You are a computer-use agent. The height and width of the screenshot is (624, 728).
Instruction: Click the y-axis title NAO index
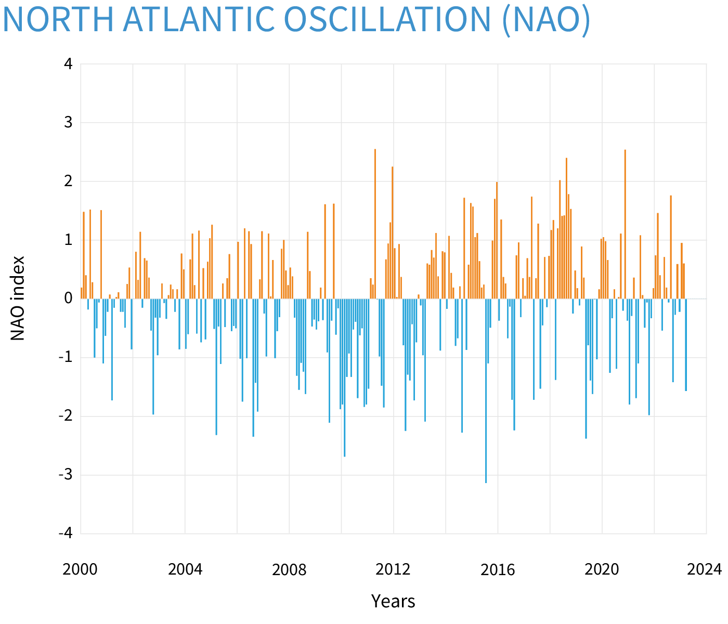point(18,298)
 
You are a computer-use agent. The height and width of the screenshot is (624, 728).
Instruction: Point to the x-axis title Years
point(393,602)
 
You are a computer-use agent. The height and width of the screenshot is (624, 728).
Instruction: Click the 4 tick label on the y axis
point(68,64)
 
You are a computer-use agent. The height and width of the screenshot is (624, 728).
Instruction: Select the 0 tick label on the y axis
point(68,299)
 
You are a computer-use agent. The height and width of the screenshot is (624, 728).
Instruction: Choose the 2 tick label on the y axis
point(68,181)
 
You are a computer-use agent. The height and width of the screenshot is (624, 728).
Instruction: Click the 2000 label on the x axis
point(80,570)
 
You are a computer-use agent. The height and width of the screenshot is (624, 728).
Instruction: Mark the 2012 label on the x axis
point(393,570)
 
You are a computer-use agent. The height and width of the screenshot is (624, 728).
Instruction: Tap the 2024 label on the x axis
point(705,570)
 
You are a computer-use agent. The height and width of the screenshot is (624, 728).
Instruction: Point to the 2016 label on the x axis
point(498,570)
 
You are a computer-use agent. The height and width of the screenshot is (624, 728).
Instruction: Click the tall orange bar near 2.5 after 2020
point(625,224)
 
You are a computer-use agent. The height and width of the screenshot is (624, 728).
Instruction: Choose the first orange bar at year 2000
point(82,293)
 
